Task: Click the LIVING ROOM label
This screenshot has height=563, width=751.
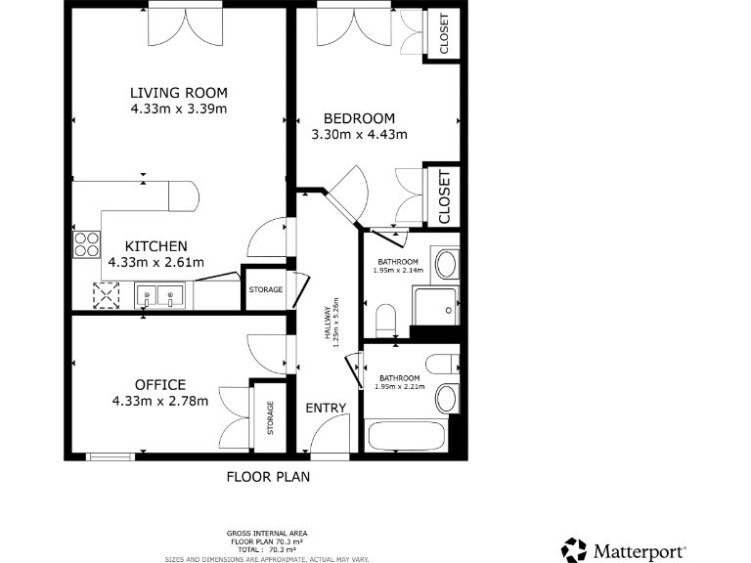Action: point(179,93)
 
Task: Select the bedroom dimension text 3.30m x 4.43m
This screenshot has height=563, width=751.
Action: point(359,135)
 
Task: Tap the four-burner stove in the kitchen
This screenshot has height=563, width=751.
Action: point(86,242)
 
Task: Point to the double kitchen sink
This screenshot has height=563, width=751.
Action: point(161,295)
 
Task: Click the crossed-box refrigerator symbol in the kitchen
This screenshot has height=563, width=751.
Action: point(104,295)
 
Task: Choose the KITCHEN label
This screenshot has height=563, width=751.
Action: point(155,245)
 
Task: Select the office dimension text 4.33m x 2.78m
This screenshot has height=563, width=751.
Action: point(159,400)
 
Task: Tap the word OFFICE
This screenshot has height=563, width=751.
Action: point(159,384)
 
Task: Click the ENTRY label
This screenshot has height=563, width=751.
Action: point(325,408)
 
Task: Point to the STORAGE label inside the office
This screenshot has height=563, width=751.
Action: point(271,419)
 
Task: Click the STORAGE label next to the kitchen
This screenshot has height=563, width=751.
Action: point(265,289)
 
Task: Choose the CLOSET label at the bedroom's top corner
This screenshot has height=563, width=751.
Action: point(443,34)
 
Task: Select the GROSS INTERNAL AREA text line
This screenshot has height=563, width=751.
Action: point(267,533)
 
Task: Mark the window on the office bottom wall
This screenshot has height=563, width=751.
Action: point(110,456)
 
